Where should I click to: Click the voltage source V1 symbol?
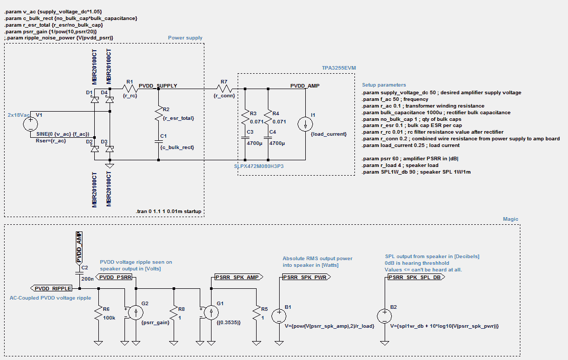click(30, 123)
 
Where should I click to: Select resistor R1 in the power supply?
click(129, 88)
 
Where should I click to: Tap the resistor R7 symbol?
click(224, 88)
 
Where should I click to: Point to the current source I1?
click(305, 123)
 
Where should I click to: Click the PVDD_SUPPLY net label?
click(158, 86)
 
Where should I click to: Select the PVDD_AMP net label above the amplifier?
click(305, 86)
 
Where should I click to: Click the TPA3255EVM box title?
click(335, 68)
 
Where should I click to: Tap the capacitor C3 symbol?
click(245, 139)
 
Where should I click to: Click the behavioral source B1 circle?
click(279, 315)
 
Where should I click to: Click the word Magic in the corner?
click(511, 219)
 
